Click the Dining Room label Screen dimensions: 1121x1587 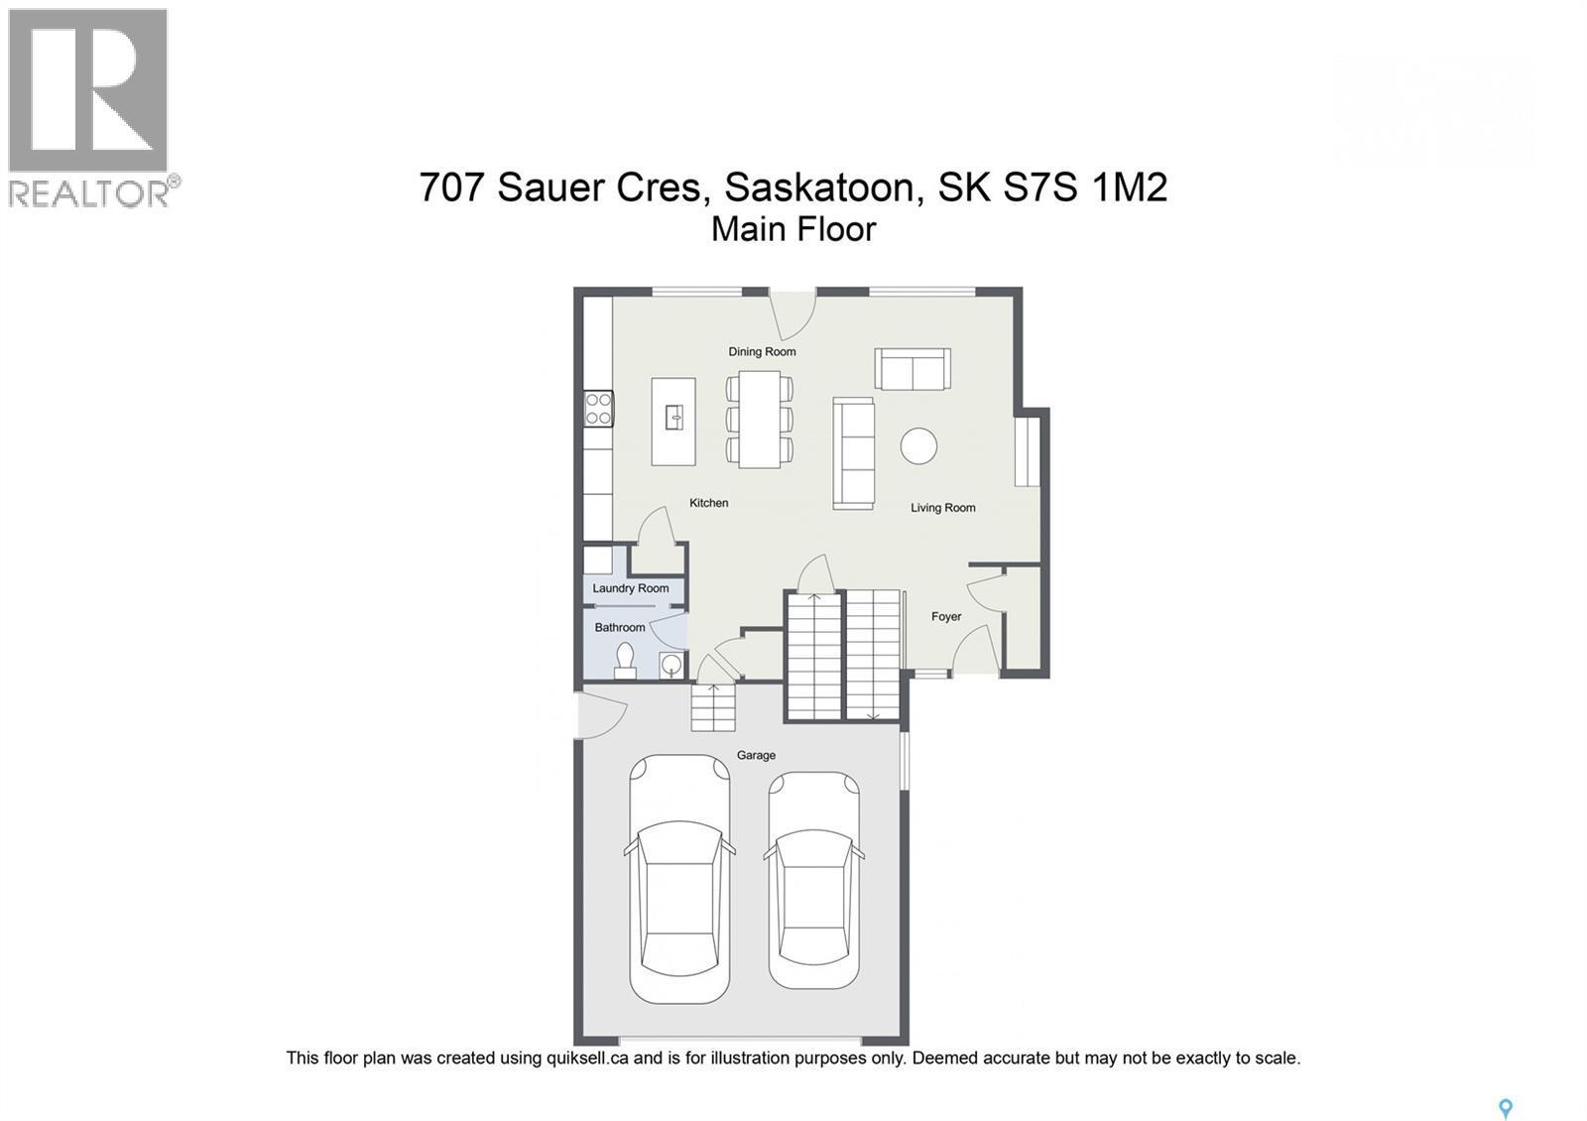tap(762, 351)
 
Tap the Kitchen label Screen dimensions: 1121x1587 tap(709, 503)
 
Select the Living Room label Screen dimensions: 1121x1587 tap(943, 508)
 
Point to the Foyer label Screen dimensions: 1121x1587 tap(946, 617)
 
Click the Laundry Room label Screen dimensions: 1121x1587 tap(631, 588)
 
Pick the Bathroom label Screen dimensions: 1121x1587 tap(620, 627)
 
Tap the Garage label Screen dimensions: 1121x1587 tap(756, 755)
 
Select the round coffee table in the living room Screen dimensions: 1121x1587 tap(918, 445)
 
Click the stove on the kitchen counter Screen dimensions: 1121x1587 tap(598, 409)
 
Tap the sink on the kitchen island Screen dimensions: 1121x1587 tap(674, 418)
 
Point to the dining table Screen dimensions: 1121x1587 tap(760, 419)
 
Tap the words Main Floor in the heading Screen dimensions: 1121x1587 tap(793, 229)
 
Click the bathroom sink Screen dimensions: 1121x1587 tap(671, 664)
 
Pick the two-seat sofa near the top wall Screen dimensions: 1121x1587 tap(913, 368)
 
